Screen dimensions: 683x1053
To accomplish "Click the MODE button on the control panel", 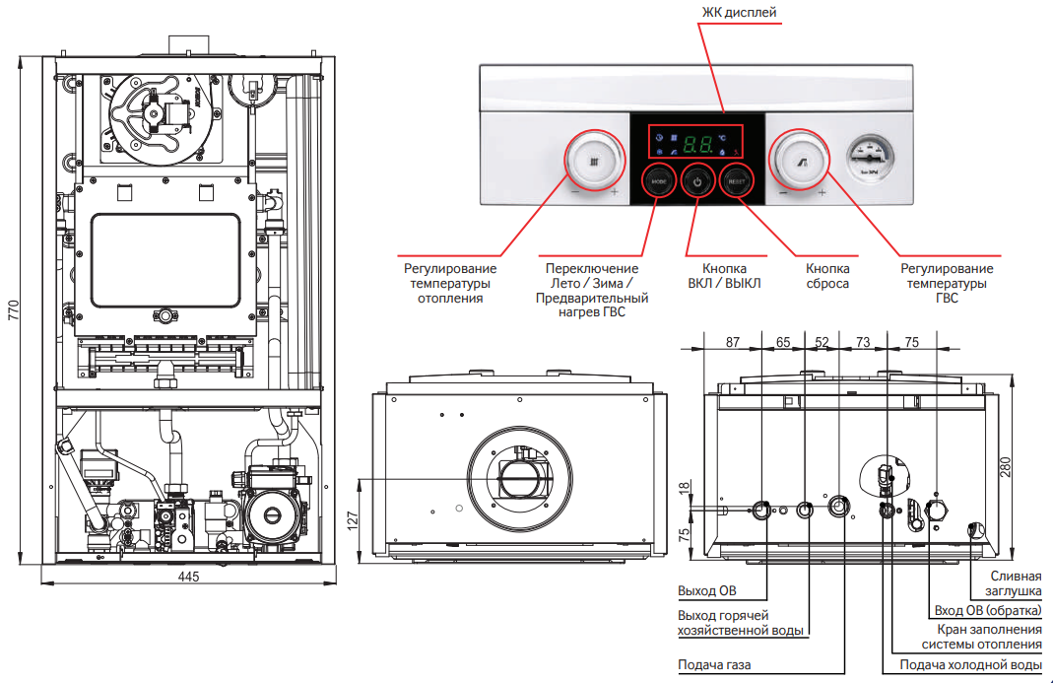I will point(656,180).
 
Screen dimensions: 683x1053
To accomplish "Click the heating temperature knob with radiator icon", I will point(594,160).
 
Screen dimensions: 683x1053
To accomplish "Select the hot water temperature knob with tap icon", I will point(802,160).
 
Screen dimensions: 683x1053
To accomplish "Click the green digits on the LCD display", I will point(698,143).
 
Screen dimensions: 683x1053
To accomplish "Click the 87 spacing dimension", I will point(732,342).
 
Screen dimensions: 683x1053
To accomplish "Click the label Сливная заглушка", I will point(1014,583).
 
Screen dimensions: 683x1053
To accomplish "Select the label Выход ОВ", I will point(707,591).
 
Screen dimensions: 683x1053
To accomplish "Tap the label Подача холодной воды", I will point(970,665).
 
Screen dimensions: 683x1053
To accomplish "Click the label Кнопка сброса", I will point(827,275).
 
